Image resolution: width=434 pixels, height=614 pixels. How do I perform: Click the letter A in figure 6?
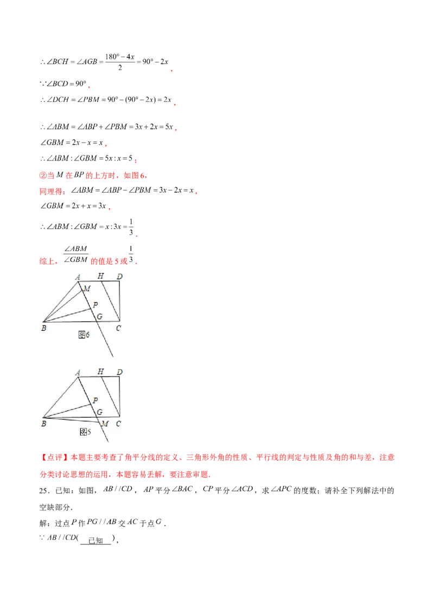(78, 277)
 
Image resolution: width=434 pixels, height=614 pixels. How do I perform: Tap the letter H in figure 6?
(100, 276)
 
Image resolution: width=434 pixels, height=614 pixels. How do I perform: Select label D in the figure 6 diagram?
(119, 277)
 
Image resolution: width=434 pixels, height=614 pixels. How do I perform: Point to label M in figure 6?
(86, 289)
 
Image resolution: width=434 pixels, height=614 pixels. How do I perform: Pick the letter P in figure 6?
(95, 305)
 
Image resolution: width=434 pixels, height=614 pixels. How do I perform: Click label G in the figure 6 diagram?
(99, 316)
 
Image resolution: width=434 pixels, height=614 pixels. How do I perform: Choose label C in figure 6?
(118, 328)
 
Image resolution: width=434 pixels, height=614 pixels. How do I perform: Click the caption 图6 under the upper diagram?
(84, 335)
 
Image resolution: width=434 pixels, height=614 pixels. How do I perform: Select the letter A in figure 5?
(78, 372)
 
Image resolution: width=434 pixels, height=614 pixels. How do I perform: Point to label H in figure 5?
(100, 372)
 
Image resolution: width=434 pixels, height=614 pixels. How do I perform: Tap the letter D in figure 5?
(119, 372)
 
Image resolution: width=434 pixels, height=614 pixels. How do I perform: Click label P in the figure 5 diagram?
(95, 400)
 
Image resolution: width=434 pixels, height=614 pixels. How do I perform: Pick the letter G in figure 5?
(99, 412)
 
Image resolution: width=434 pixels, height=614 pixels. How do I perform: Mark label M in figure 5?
(105, 423)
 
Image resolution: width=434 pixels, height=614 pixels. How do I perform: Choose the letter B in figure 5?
(44, 423)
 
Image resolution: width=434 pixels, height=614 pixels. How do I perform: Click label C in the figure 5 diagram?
(118, 423)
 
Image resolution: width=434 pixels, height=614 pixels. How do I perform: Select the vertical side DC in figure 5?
(119, 396)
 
